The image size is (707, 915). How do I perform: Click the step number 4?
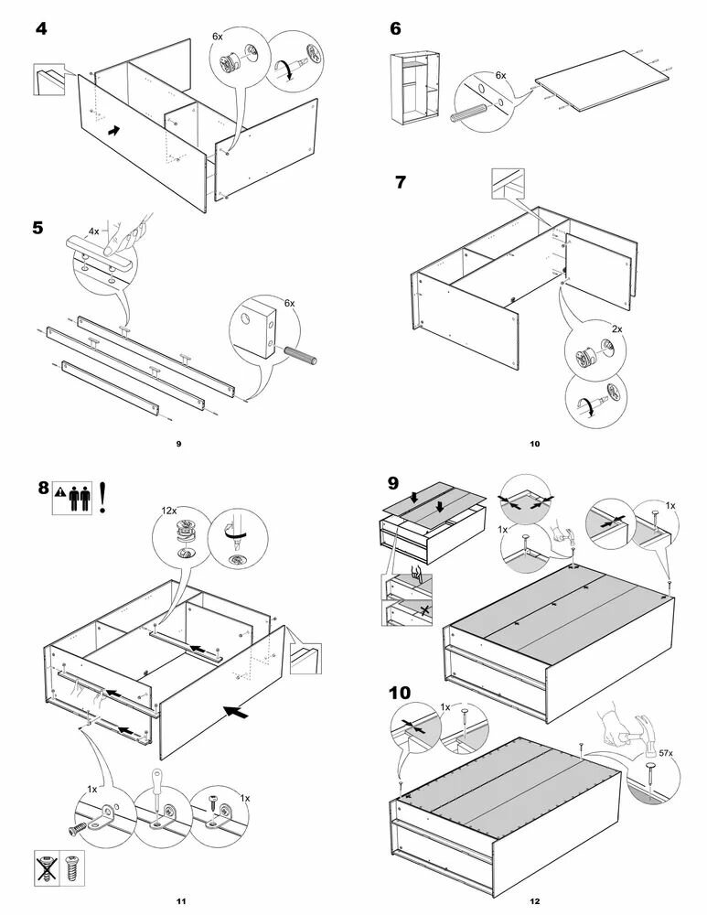[41, 28]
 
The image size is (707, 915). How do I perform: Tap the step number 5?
[37, 227]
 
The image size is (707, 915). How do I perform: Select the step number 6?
[395, 28]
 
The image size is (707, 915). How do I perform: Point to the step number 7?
[400, 181]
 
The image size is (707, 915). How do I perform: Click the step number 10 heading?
[401, 693]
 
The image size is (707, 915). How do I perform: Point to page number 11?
[181, 901]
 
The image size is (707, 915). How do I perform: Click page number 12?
[534, 901]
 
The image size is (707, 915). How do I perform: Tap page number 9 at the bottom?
[179, 444]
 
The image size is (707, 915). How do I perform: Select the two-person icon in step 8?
[80, 496]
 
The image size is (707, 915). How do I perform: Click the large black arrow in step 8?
[237, 709]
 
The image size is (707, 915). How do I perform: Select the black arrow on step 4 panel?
[112, 132]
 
